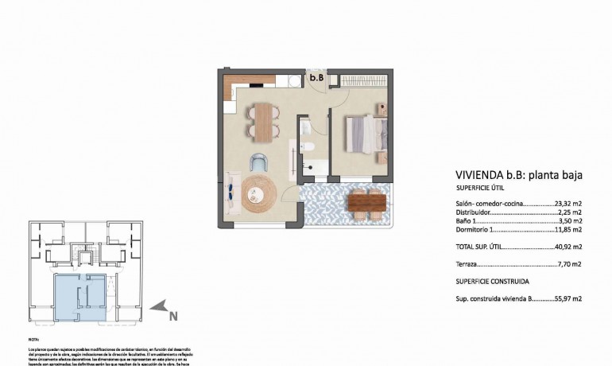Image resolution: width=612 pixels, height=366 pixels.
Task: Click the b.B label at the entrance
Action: pos(316,78)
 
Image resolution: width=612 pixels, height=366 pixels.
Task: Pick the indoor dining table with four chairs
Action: pos(262,121)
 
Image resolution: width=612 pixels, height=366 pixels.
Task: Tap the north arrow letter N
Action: pos(172,316)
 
